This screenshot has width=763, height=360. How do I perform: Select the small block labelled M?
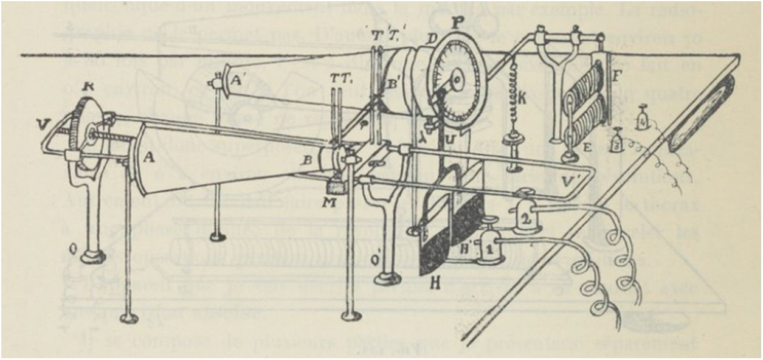pyautogui.click(x=331, y=183)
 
